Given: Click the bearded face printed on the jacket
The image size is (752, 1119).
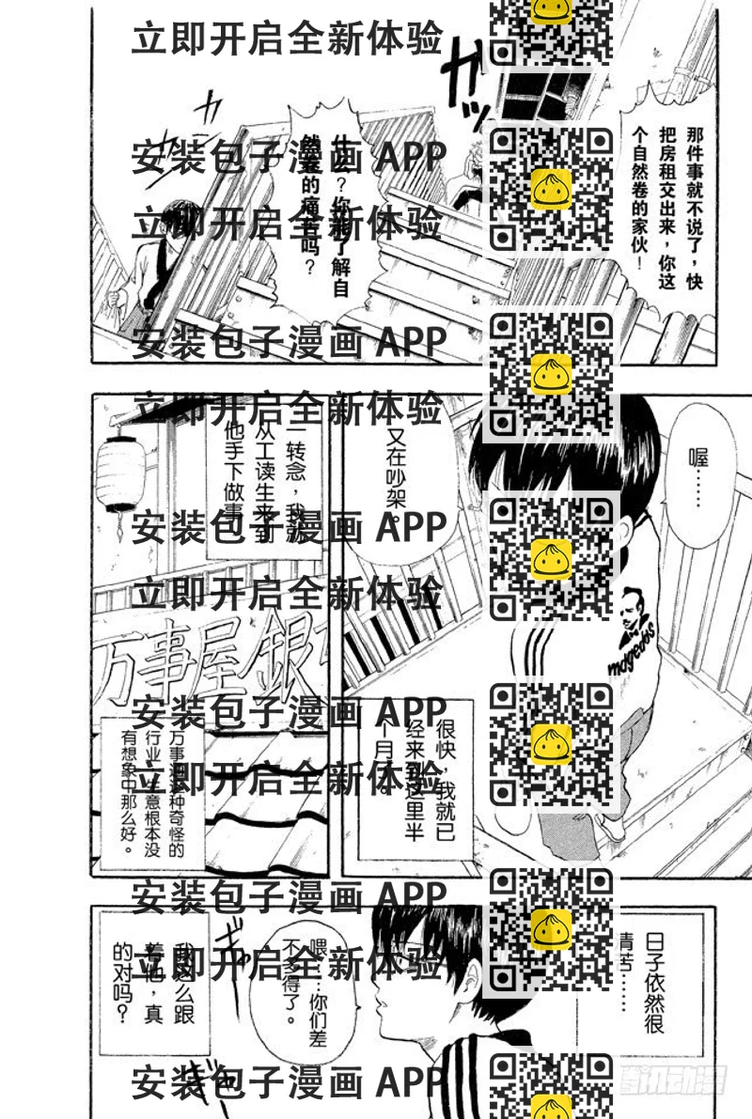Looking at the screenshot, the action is click(x=634, y=612).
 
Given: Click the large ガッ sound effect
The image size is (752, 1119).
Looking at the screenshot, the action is click(x=465, y=80).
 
